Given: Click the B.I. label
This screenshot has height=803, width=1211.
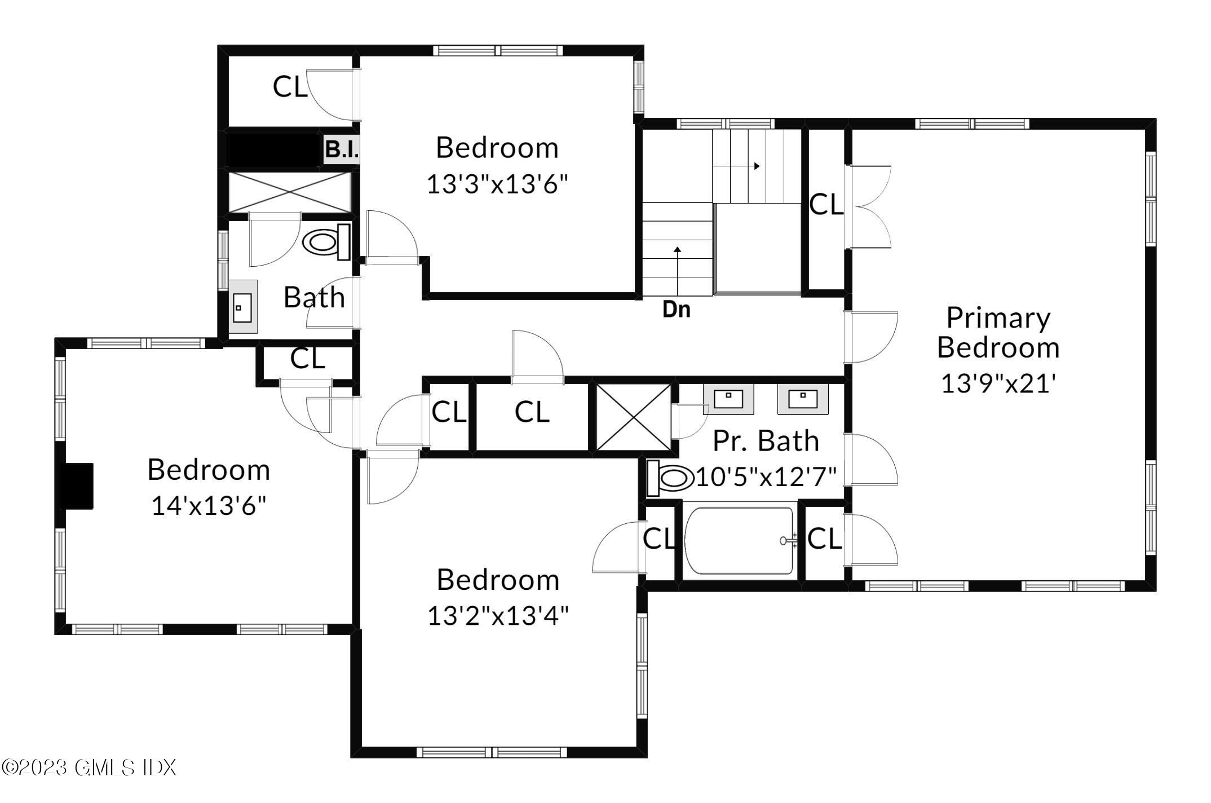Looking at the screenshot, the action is pyautogui.click(x=342, y=149).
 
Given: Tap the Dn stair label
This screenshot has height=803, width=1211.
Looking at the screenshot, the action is pyautogui.click(x=676, y=309).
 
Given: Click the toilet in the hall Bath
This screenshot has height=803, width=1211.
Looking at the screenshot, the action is pyautogui.click(x=326, y=242).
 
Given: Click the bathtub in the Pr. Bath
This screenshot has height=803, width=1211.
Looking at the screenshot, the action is pyautogui.click(x=739, y=541).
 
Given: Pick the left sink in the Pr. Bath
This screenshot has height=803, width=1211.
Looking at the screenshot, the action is pyautogui.click(x=728, y=399).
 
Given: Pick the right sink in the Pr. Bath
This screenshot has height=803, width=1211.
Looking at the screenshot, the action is pyautogui.click(x=803, y=399).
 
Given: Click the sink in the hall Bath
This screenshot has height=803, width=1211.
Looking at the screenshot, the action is pyautogui.click(x=243, y=307).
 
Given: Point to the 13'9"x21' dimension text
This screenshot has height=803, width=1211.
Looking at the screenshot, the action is pyautogui.click(x=998, y=384).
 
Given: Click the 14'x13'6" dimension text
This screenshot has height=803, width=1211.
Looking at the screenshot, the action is pyautogui.click(x=209, y=505).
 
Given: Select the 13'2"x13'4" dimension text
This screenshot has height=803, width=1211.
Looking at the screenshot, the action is pyautogui.click(x=498, y=615).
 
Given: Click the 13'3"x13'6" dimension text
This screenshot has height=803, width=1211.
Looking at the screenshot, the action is pyautogui.click(x=497, y=184).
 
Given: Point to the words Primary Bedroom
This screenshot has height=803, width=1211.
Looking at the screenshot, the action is pyautogui.click(x=998, y=332).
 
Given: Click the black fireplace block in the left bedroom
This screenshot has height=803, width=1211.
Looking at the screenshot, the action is pyautogui.click(x=77, y=487).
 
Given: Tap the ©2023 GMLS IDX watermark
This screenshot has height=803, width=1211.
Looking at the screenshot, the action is pyautogui.click(x=89, y=767).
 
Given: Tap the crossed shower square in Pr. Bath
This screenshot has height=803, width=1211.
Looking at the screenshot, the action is pyautogui.click(x=634, y=417).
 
